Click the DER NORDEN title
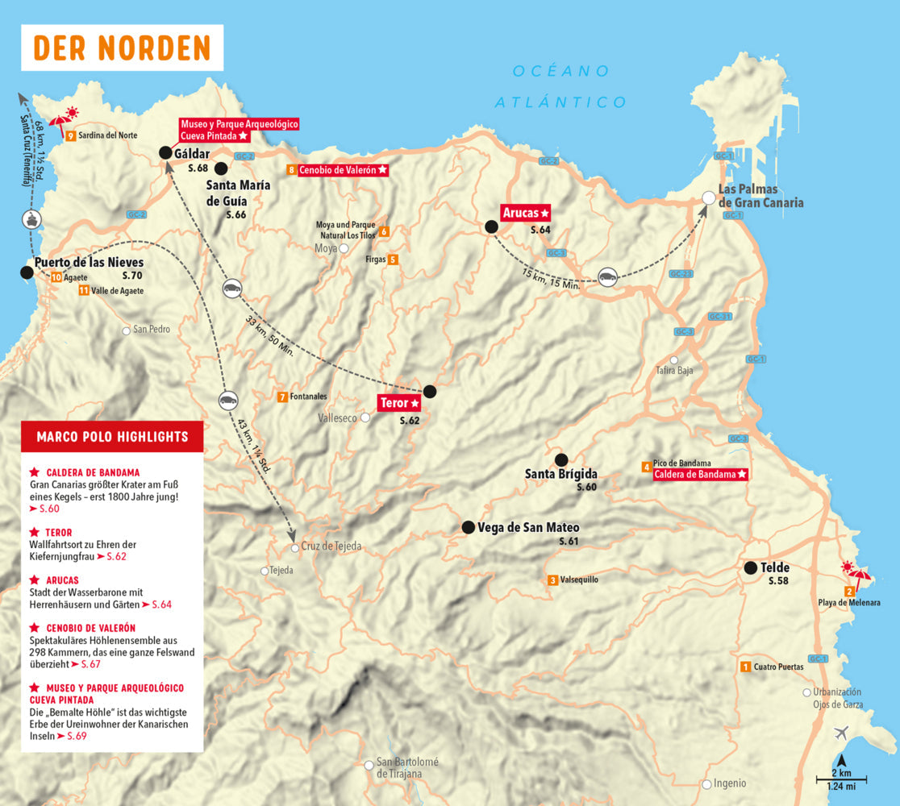tap(122, 48)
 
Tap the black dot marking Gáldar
tap(165, 152)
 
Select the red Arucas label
tap(525, 213)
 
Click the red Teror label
tap(399, 402)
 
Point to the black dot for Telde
tap(750, 567)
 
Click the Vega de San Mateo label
tap(528, 528)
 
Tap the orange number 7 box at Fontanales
tap(282, 397)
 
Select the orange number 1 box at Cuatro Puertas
tap(745, 667)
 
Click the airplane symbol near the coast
tap(842, 733)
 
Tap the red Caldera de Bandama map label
tap(700, 475)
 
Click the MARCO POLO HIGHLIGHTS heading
tap(112, 437)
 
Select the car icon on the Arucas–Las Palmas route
tap(608, 276)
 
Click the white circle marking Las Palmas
tap(708, 197)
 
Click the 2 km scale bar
tap(840, 779)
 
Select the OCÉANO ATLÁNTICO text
tap(560, 86)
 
